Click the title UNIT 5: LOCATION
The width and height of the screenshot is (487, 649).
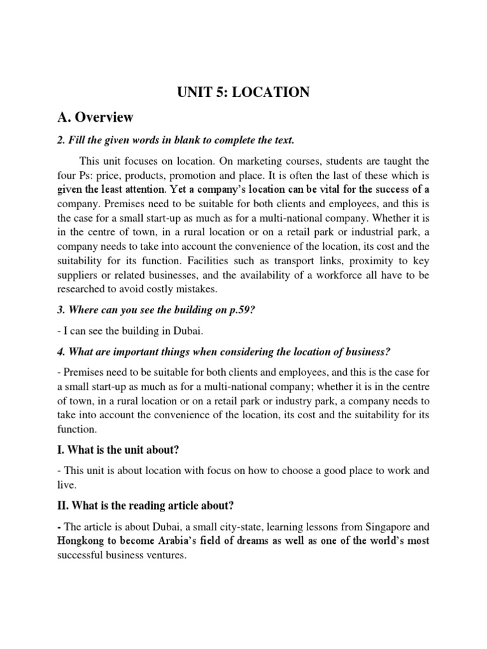pos(243,93)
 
